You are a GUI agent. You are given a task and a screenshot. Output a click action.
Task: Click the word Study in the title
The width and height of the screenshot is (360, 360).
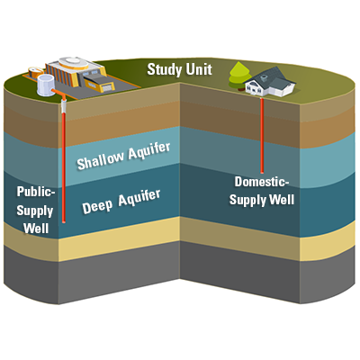[165, 70]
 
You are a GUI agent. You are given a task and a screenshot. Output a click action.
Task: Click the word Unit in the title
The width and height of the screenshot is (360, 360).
[199, 68]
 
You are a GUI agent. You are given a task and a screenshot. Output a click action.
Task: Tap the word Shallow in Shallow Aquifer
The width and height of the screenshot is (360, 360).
[101, 160]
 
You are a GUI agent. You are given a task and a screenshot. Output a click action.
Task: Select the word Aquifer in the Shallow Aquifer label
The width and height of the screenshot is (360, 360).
[149, 150]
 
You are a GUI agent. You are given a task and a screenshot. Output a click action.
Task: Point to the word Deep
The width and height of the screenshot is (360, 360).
[97, 206]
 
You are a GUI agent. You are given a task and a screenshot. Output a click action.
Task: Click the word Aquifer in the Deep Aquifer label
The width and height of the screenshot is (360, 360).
[139, 198]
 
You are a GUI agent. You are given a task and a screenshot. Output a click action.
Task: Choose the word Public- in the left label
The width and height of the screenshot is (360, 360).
[36, 192]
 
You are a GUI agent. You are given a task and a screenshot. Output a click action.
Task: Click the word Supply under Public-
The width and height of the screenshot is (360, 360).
[35, 211]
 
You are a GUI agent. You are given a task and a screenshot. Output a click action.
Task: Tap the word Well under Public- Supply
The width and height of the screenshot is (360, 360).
[36, 229]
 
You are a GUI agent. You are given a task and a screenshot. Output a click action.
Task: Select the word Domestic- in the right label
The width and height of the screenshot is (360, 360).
[262, 182]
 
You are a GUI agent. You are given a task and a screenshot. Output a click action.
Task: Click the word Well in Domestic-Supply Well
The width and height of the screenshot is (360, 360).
[282, 199]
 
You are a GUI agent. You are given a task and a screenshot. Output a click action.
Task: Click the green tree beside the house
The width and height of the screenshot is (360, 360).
[239, 76]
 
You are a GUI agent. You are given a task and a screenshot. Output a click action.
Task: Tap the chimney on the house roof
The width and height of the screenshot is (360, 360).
[264, 78]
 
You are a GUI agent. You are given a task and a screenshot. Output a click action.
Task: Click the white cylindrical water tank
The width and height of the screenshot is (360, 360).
[46, 85]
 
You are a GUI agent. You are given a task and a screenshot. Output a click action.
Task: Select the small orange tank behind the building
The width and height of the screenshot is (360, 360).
[36, 72]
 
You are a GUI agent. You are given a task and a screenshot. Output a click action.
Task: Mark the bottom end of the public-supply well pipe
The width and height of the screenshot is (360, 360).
[64, 221]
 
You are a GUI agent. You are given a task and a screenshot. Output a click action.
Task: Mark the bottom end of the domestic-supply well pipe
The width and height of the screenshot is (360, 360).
[262, 172]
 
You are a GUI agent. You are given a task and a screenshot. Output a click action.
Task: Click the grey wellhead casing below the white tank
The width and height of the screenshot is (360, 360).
[63, 106]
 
